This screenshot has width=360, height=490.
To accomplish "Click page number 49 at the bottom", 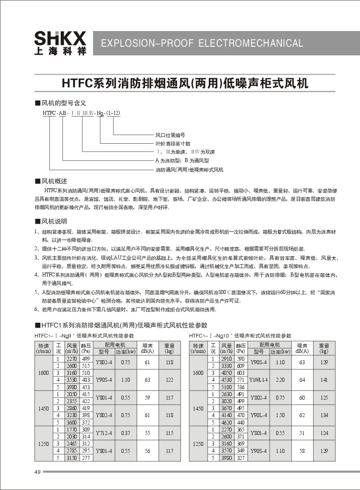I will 37,472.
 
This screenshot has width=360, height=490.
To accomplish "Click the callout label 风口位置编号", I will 170,135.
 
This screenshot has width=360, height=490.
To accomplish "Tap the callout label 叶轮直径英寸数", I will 173,143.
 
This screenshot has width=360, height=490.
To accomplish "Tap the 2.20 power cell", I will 280,380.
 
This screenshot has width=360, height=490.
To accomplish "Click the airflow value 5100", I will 226,386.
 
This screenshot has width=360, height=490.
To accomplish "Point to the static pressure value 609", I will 241,366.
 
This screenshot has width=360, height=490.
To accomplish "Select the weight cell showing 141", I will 324,380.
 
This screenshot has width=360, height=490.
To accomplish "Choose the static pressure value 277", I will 86,458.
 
